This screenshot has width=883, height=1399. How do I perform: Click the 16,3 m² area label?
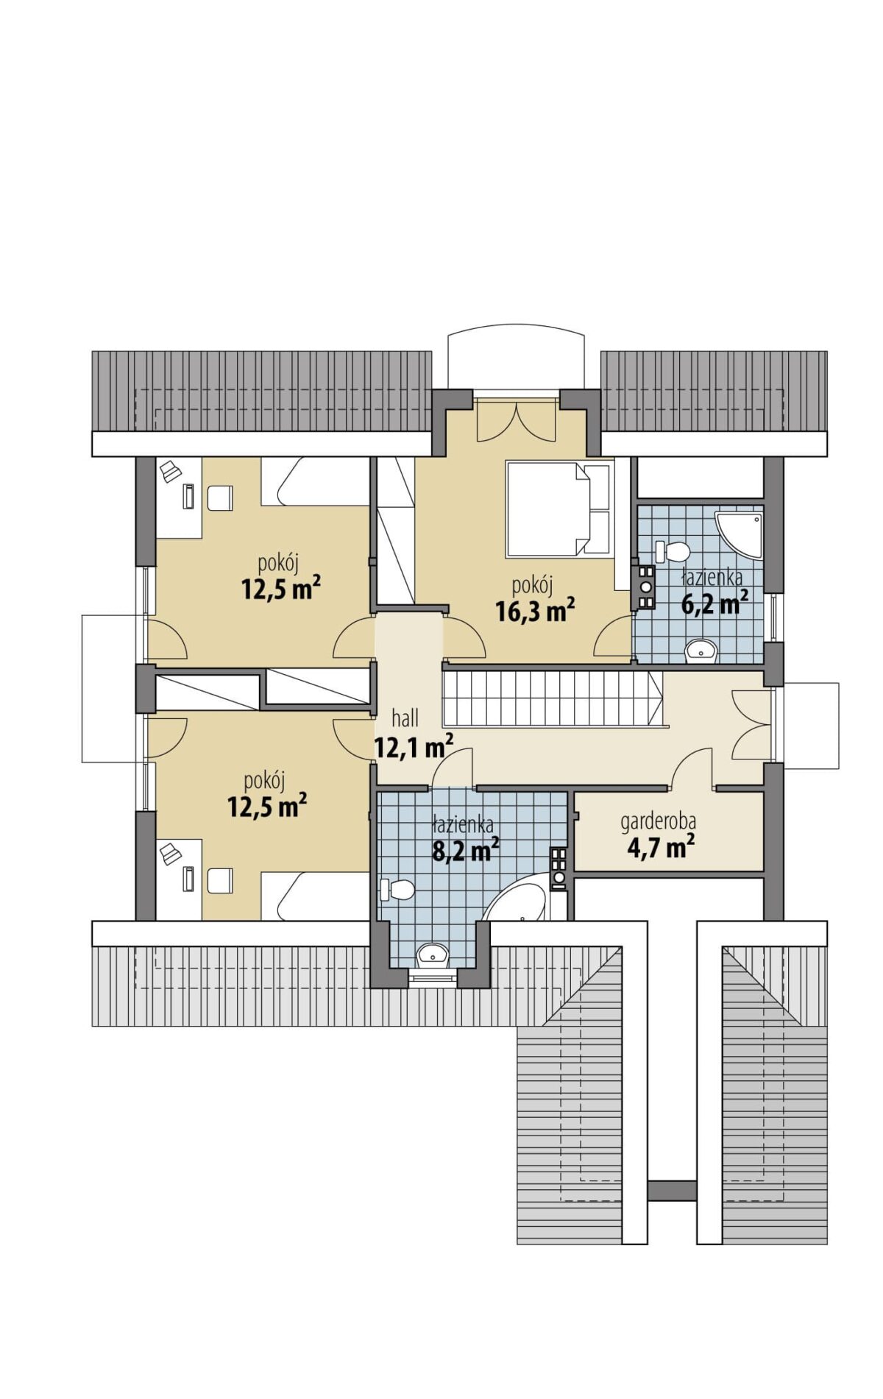click(x=535, y=610)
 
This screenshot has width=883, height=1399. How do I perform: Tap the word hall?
click(x=405, y=718)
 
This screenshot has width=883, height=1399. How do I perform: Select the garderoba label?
click(x=659, y=821)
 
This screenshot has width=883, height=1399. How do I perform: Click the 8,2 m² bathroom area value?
click(x=466, y=850)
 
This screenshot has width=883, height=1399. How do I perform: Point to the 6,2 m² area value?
click(x=715, y=603)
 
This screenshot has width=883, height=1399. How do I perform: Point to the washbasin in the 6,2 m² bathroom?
click(x=701, y=651)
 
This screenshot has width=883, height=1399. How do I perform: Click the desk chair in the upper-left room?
click(x=220, y=498)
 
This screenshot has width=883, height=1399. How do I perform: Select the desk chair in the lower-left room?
click(x=220, y=880)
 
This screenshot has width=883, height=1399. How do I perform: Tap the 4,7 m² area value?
click(x=661, y=847)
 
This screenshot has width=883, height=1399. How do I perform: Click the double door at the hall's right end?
click(x=752, y=725)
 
